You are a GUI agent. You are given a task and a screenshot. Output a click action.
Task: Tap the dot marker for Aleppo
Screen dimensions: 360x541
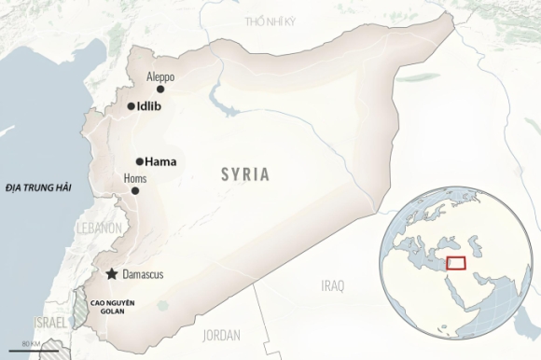click(x=160, y=90)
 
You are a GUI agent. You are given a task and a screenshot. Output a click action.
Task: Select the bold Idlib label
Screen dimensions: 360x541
click(x=149, y=106)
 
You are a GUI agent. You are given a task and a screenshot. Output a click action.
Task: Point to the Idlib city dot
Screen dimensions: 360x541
click(x=130, y=106)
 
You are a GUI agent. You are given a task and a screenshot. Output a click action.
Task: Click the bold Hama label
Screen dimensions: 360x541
click(x=161, y=160)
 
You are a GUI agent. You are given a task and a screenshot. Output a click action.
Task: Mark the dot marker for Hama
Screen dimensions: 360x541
click(x=140, y=160)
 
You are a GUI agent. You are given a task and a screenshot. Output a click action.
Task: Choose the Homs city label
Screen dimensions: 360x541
click(x=135, y=178)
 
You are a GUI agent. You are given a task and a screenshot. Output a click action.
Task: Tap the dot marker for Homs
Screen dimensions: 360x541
click(x=135, y=190)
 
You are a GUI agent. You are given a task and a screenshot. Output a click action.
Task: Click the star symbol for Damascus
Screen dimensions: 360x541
click(x=113, y=273)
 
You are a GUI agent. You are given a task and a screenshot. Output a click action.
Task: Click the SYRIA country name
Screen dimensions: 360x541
click(x=245, y=173)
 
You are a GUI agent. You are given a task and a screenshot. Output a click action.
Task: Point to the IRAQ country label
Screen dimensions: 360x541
click(x=332, y=284)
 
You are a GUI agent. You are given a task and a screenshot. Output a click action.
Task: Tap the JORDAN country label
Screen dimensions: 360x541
click(x=221, y=334)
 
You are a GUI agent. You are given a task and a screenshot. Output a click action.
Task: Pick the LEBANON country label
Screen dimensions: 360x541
click(x=99, y=228)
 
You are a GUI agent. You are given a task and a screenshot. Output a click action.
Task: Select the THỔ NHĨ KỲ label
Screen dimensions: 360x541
click(x=270, y=21)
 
